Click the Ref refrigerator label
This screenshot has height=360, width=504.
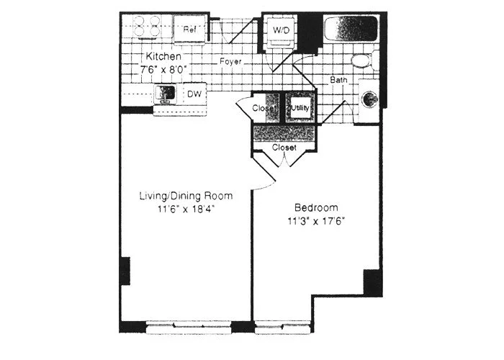point(190,30)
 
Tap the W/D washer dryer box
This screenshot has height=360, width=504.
point(280,31)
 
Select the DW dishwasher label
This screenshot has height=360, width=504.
point(194,94)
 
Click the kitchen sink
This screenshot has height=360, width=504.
point(166,94)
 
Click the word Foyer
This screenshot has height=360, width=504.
point(230,62)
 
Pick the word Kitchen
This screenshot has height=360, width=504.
point(163,56)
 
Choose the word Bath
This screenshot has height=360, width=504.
point(339,79)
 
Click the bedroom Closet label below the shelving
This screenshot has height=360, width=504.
point(284,147)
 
